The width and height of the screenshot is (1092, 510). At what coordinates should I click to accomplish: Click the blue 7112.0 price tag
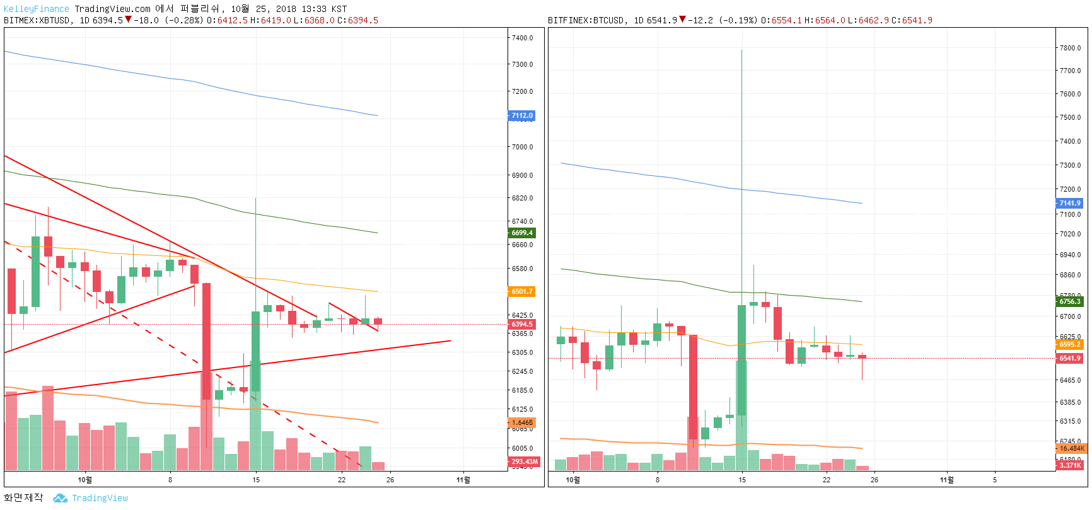(521, 115)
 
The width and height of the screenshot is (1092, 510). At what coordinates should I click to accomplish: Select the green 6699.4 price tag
(521, 233)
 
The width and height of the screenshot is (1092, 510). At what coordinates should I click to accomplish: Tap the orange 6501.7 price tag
(521, 291)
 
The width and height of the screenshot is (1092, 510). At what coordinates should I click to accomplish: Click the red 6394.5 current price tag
(521, 324)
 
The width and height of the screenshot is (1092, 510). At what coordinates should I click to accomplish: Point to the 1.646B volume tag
(521, 422)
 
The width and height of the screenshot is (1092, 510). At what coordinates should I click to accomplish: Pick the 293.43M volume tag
(523, 461)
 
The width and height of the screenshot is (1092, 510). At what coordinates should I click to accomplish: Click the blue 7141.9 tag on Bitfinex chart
(1069, 203)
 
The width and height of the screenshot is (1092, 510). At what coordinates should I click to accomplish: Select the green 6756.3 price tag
(1069, 301)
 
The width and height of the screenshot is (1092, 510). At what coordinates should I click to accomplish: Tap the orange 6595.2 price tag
(1069, 344)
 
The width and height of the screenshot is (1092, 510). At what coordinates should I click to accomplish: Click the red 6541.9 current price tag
(1069, 358)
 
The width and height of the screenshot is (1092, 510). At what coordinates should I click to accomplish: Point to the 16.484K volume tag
(1071, 448)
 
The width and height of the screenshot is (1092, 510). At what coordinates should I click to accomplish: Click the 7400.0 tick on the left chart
(522, 38)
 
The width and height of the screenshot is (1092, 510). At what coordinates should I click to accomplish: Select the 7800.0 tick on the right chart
(1070, 48)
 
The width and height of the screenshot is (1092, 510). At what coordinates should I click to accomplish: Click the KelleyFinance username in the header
(36, 9)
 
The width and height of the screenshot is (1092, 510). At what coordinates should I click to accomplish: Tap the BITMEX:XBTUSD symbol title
(37, 20)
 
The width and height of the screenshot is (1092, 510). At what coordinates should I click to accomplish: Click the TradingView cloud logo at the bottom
(61, 498)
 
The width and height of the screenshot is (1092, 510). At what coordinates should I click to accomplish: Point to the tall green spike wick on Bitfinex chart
(741, 126)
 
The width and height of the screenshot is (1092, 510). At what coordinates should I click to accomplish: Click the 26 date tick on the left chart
(390, 480)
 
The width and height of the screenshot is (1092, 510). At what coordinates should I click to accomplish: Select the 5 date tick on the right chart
(995, 480)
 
